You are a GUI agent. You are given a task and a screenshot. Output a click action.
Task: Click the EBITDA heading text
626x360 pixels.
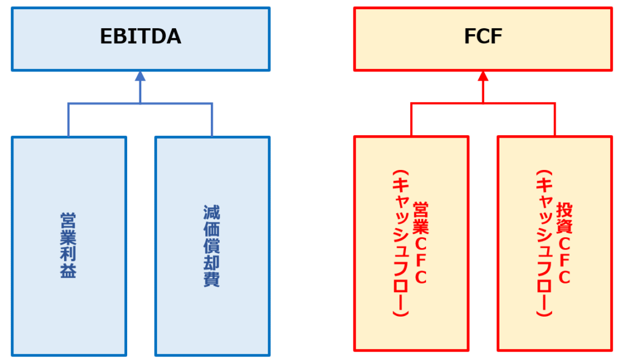141,37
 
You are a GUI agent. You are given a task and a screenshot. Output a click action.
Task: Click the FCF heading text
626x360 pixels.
483,37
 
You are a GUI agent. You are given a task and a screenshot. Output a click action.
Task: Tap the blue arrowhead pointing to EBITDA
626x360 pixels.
141,76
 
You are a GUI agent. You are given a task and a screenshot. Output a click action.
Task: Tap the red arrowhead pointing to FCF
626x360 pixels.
483,76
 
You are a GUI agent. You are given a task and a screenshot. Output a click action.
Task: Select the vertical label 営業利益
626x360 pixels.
68,245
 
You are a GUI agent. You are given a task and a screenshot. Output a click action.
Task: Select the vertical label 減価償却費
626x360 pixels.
212,246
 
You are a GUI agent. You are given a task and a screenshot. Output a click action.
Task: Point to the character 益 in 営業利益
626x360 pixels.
68,271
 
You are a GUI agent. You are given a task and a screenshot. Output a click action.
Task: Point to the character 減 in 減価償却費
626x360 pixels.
212,213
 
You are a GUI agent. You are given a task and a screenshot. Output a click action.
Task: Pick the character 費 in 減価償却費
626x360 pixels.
212,279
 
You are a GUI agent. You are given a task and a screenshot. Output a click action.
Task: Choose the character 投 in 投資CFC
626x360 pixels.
564,209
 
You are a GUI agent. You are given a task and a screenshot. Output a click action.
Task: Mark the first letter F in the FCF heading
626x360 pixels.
469,37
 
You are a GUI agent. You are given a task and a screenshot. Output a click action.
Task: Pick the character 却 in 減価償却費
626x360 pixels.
212,263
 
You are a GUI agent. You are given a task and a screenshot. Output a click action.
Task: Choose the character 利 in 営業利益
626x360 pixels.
68,254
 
